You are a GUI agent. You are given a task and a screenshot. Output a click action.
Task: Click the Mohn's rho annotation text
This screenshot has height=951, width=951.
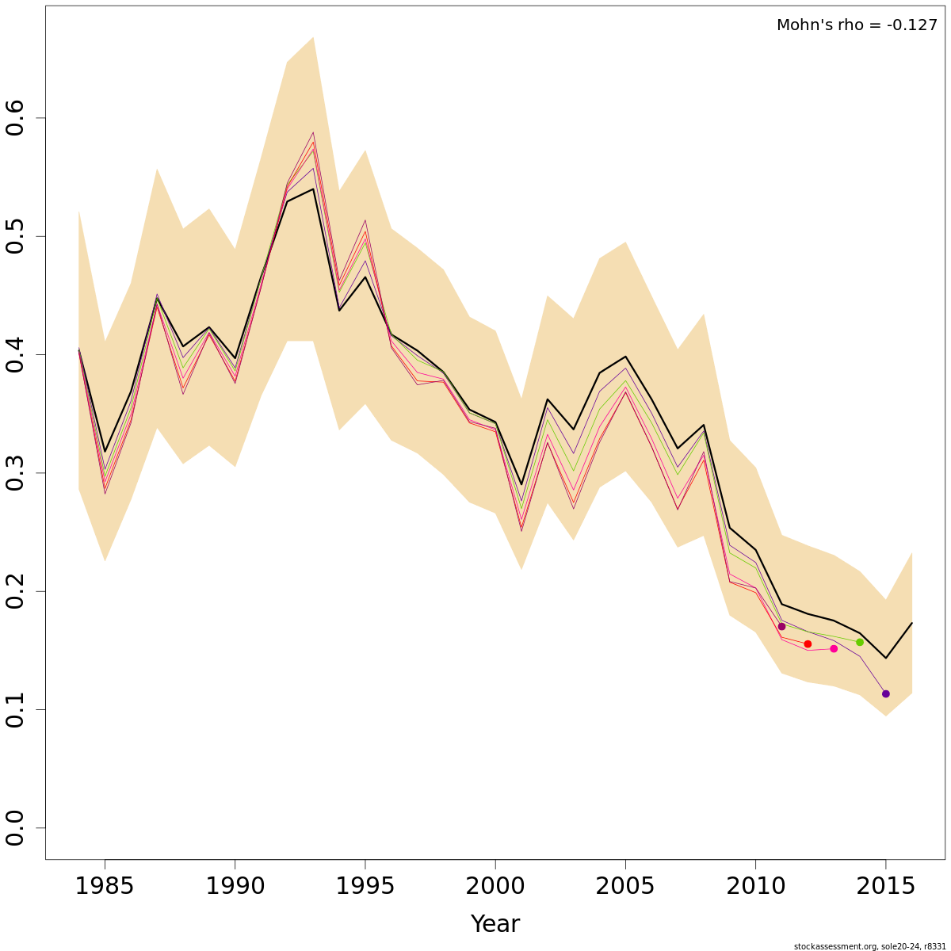point(857,25)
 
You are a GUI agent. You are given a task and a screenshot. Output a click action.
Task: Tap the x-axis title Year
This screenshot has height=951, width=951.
point(495,924)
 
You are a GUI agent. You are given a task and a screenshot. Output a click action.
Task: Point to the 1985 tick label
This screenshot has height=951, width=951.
point(105,886)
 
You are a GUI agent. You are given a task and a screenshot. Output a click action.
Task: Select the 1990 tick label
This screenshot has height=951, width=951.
point(235,886)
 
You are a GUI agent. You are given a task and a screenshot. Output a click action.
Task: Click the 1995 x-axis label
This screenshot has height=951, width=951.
point(365,886)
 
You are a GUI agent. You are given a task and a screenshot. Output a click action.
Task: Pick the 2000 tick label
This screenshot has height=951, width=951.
point(495,886)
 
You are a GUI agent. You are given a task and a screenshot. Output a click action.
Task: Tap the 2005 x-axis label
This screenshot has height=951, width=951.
point(625,886)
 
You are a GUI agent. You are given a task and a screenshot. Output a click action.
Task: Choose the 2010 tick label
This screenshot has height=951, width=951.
point(755,886)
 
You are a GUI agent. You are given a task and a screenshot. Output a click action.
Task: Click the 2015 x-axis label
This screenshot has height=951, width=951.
point(885,886)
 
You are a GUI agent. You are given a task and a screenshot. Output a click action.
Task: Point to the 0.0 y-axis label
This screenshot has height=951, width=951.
point(16,828)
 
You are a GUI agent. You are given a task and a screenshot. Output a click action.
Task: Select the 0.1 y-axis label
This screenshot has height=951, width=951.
point(16,709)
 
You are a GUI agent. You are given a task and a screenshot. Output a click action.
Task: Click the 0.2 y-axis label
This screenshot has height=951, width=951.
point(16,591)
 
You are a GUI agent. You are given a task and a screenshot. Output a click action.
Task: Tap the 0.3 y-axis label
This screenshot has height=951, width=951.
point(16,473)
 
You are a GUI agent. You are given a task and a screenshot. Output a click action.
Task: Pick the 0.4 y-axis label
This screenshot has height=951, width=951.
point(16,355)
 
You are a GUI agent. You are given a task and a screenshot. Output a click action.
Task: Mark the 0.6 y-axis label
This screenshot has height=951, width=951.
point(16,118)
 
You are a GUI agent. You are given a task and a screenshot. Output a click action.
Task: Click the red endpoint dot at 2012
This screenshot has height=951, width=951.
point(808,644)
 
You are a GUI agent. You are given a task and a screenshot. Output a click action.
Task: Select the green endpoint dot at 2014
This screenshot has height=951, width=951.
point(860,642)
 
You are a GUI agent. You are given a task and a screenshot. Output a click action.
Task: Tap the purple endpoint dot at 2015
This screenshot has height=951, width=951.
point(886,693)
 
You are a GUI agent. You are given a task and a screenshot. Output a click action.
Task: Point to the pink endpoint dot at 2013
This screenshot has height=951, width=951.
point(834,649)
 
